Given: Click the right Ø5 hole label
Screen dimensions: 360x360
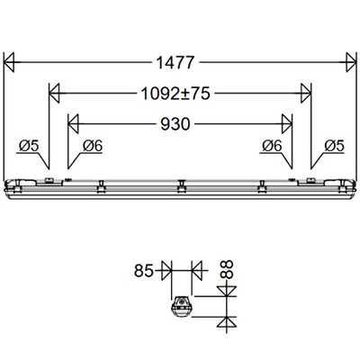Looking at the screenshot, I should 331,145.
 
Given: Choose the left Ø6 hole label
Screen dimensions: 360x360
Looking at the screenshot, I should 93,145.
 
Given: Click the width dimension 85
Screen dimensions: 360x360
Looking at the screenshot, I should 141,268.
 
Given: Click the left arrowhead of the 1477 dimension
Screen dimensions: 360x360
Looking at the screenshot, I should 12,63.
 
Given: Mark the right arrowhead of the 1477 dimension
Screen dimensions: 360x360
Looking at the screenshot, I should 348,63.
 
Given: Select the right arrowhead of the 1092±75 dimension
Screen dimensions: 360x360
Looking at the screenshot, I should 305,92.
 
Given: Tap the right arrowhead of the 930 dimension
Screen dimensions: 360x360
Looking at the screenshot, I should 286,122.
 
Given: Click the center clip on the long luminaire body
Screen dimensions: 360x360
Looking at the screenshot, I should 180,185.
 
